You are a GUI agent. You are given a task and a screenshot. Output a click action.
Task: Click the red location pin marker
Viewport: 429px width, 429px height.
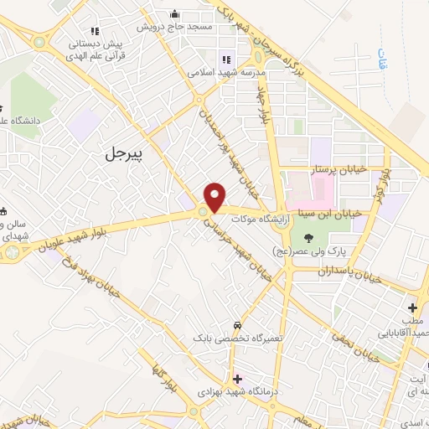(x=215, y=196)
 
